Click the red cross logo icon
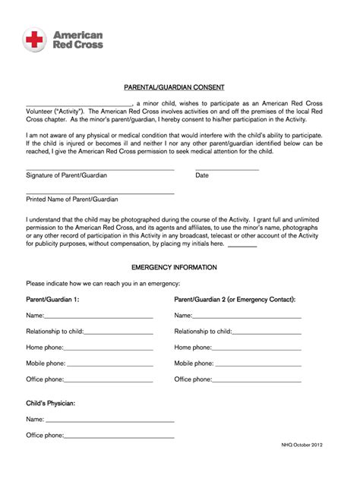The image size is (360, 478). pyautogui.click(x=36, y=39)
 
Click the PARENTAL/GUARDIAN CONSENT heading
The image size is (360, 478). pyautogui.click(x=179, y=86)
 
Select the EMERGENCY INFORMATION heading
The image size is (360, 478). pyautogui.click(x=179, y=268)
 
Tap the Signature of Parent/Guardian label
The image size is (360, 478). pyautogui.click(x=66, y=175)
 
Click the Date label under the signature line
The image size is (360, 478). pyautogui.click(x=202, y=175)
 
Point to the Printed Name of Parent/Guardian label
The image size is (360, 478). pyautogui.click(x=71, y=200)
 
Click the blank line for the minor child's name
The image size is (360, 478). pyautogui.click(x=80, y=105)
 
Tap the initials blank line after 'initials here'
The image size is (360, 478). pyautogui.click(x=242, y=246)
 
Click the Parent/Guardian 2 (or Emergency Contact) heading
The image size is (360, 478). pyautogui.click(x=235, y=300)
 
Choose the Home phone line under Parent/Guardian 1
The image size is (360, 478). pyautogui.click(x=110, y=349)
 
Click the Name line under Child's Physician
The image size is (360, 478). pyautogui.click(x=109, y=421)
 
